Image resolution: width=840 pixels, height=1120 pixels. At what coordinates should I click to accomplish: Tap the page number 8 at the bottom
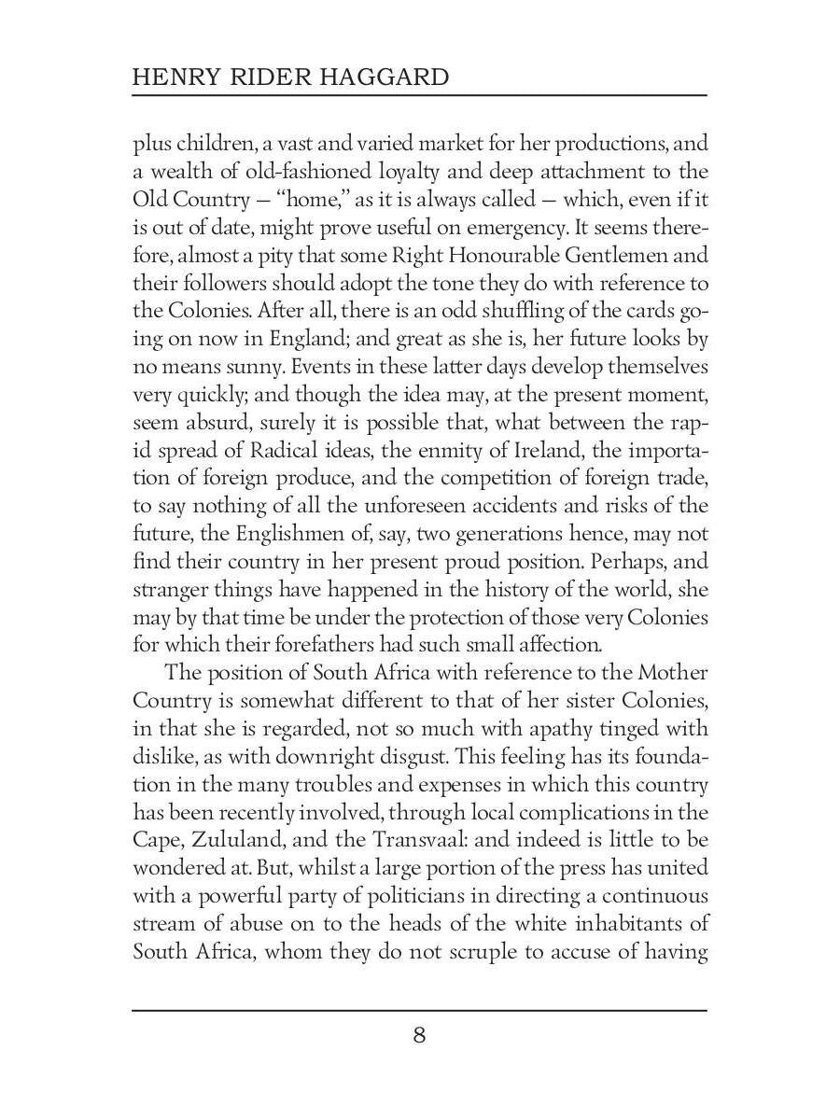point(419,1035)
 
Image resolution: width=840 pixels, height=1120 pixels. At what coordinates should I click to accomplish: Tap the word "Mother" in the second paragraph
point(673,673)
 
